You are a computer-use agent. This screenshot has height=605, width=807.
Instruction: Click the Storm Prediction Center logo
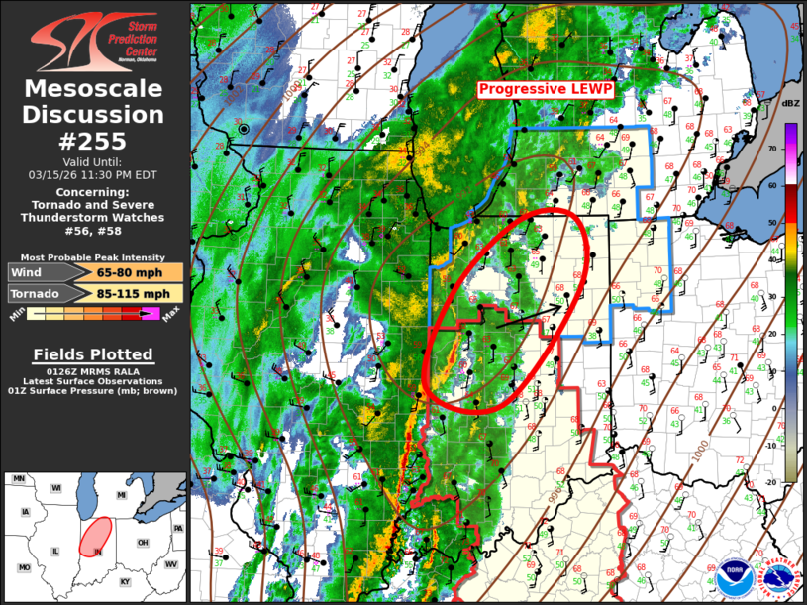94,38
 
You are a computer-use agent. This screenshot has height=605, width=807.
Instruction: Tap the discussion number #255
94,140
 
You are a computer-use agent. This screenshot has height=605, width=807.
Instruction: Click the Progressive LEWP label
546,90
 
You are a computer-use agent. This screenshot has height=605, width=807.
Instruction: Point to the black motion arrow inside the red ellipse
529,315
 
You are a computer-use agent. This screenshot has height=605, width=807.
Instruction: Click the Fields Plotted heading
93,354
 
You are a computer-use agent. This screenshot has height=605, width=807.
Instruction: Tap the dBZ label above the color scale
790,103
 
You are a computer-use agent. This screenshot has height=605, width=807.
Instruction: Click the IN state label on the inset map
98,550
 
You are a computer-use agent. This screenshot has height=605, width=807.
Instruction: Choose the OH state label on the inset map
143,543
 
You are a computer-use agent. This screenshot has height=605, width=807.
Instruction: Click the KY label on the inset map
125,582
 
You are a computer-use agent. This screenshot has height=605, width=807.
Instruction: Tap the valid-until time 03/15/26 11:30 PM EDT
93,174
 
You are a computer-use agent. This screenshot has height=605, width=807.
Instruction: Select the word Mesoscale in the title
94,90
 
